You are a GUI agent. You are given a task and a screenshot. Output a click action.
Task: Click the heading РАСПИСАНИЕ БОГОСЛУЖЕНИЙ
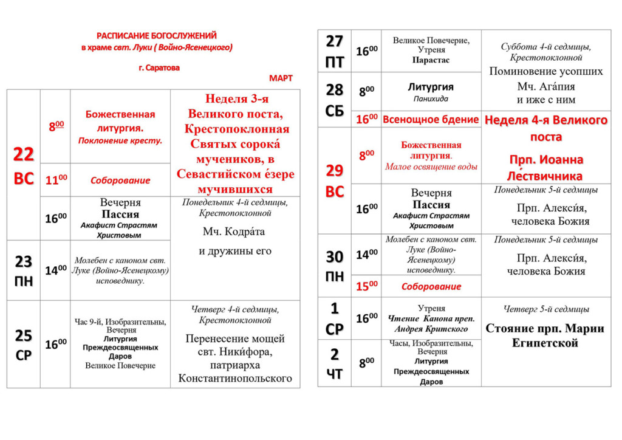[157, 36]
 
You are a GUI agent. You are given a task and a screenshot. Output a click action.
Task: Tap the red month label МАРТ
[281, 78]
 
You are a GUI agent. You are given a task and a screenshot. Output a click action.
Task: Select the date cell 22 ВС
[24, 166]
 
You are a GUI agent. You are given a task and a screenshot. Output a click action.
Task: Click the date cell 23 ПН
[24, 271]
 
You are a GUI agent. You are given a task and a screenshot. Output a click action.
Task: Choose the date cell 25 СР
[24, 345]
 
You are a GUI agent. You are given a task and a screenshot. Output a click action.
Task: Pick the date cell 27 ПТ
[335, 51]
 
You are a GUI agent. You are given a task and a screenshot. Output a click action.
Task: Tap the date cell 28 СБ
[335, 100]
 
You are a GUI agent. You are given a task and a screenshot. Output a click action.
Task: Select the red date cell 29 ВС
[335, 180]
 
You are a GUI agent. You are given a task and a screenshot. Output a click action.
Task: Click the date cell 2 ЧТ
[335, 363]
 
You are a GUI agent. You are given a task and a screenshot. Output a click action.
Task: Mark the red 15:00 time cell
[366, 286]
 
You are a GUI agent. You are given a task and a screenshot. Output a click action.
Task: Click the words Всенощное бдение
[431, 120]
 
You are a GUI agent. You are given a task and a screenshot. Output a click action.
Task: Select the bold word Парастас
[431, 60]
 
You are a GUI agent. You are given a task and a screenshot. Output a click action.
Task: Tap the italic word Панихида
[431, 98]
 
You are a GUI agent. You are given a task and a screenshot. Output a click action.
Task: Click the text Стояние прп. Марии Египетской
[545, 335]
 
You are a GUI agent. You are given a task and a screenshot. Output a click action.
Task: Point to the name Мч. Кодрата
[234, 232]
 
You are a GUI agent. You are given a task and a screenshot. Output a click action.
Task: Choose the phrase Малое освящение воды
[431, 167]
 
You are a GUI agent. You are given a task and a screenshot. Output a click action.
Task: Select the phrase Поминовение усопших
[545, 71]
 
